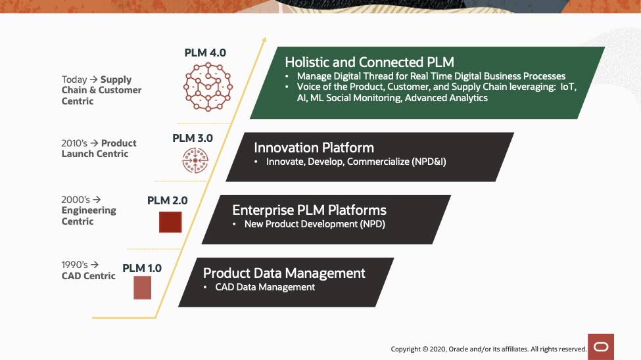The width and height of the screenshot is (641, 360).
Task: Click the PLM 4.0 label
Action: (x=205, y=53)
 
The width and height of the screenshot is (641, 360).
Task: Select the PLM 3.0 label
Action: (x=193, y=138)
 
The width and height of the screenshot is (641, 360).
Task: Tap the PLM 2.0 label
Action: (x=167, y=200)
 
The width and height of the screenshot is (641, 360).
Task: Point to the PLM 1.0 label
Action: (x=142, y=268)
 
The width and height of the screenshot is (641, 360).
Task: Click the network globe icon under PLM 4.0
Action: (x=208, y=86)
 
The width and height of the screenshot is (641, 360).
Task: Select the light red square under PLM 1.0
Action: (x=143, y=288)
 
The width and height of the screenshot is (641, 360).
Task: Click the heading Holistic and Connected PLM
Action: (x=369, y=62)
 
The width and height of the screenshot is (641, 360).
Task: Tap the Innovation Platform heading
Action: (x=314, y=148)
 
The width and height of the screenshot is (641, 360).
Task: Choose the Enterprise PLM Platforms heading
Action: (x=309, y=210)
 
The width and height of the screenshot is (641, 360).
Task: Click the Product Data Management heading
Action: (x=284, y=273)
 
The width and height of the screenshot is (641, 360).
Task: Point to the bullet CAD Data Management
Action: (x=265, y=287)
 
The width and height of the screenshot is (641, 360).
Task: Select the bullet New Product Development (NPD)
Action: (x=314, y=224)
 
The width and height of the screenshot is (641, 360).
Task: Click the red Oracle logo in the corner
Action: (x=601, y=346)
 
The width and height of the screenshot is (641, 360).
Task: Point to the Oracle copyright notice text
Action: (x=488, y=349)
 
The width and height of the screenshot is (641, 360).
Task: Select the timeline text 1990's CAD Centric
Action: (x=88, y=270)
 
